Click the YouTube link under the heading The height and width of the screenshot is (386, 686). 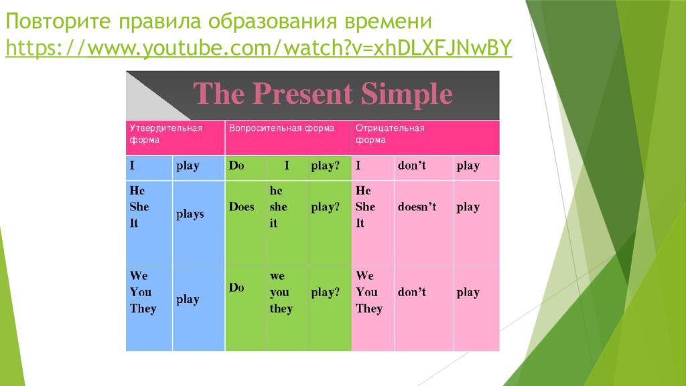(x=259, y=48)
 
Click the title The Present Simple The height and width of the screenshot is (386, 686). (x=323, y=94)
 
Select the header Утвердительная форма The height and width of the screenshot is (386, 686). (x=166, y=134)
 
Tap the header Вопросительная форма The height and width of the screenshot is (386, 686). (x=282, y=128)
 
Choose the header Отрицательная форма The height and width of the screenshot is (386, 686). (x=390, y=134)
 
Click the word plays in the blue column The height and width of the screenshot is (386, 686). (x=190, y=214)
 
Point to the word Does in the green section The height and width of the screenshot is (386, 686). (x=241, y=206)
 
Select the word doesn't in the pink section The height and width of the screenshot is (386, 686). (x=417, y=206)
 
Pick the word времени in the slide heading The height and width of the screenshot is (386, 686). (x=388, y=21)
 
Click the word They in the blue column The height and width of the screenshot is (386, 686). (x=143, y=308)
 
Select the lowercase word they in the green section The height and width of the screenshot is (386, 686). (x=281, y=308)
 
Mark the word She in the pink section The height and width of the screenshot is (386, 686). (x=365, y=206)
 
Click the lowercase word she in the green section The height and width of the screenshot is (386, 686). (x=278, y=206)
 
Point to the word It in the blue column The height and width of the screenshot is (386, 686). (x=134, y=223)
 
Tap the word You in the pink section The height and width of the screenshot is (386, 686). (x=366, y=292)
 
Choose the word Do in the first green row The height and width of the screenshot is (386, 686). (x=236, y=166)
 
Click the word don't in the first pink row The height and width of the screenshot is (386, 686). (x=412, y=166)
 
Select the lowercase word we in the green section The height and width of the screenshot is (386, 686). (x=277, y=276)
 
